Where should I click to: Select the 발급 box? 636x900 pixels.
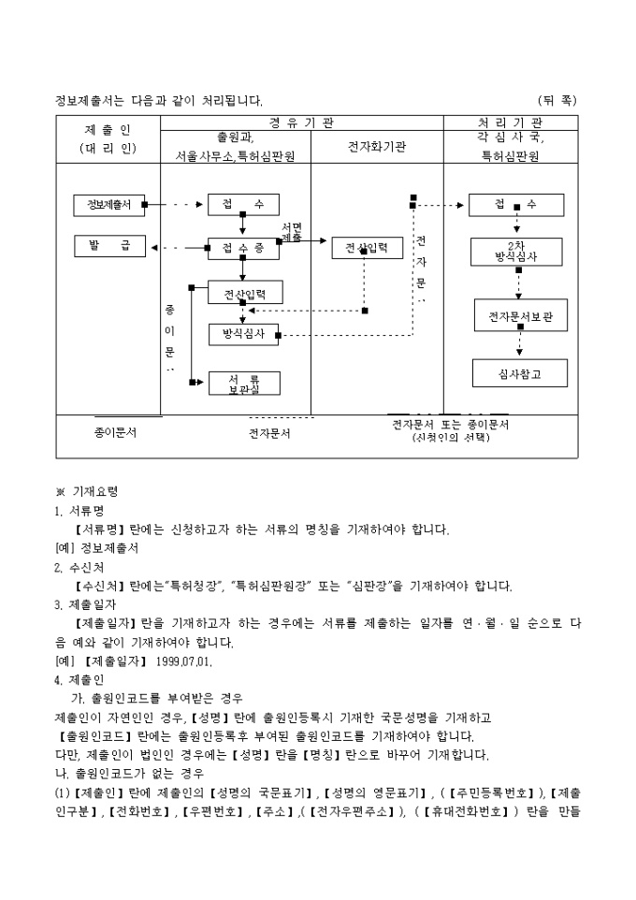108,247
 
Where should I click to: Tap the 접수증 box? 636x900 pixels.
242,248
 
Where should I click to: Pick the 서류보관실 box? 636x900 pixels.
243,383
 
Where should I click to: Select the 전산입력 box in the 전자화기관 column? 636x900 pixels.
367,248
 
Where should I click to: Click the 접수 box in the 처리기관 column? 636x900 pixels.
516,205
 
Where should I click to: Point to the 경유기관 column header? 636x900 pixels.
314,123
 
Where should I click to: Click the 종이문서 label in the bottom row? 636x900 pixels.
115,434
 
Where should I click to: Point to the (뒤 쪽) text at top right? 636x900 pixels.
557,99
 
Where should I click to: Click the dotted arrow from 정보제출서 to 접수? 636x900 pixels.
179,205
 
